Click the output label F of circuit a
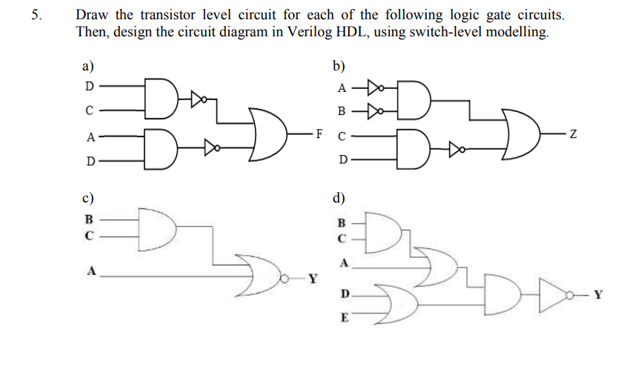pyautogui.click(x=319, y=133)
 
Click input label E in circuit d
pyautogui.click(x=342, y=317)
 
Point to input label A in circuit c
pyautogui.click(x=92, y=271)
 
